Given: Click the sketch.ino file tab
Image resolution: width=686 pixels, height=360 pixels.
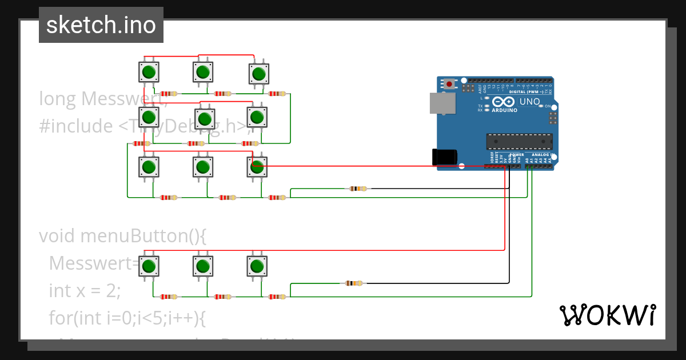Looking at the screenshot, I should pos(101,25).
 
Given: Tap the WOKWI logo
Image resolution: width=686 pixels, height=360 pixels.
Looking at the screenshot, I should pos(607,315).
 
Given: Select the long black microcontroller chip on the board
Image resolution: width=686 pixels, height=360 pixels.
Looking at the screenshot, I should pos(519,141).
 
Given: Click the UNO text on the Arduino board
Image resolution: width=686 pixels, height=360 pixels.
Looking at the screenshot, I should pos(529,102).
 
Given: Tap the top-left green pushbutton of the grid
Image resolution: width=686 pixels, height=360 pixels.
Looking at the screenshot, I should pos(149,72).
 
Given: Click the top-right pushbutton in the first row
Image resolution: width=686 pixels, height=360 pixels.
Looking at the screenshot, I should pos(258,73).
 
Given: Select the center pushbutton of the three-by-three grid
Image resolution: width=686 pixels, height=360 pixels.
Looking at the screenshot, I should pos(204,118).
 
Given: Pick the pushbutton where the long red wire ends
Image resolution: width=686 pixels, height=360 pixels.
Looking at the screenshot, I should pos(257,166).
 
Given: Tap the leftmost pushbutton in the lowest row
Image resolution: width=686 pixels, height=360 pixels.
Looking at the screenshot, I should pos(149,266).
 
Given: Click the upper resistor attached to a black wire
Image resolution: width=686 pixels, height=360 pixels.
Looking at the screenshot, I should pos(358,189).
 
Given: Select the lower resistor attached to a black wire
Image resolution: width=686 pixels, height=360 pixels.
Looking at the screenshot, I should pos(354,283).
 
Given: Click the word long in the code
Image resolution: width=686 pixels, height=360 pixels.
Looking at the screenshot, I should pos(57,99).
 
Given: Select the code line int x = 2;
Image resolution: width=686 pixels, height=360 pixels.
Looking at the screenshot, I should pos(85,290).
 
